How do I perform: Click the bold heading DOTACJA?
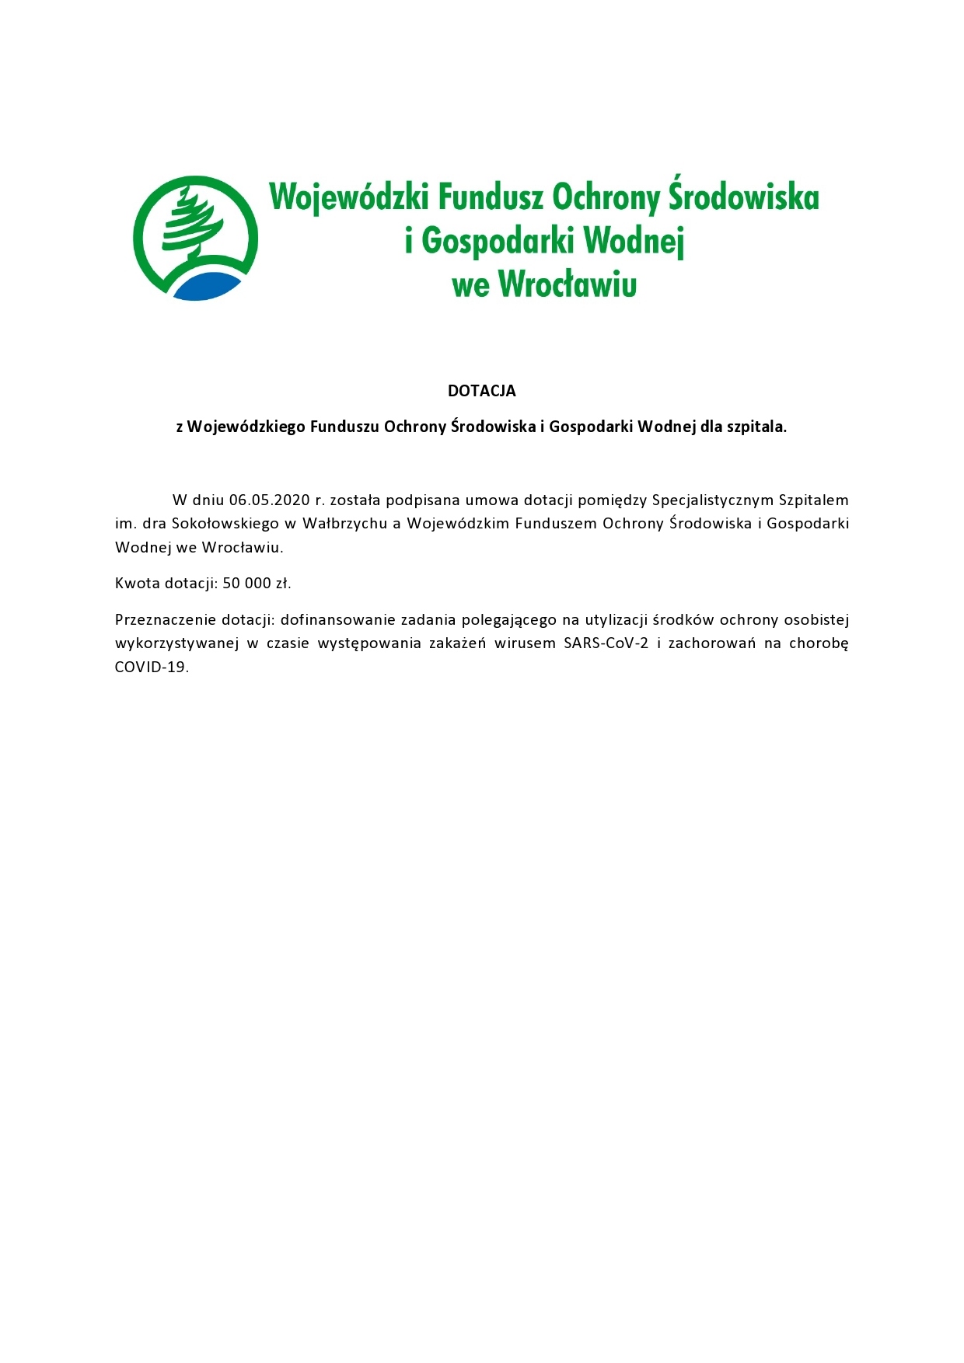pos(481,391)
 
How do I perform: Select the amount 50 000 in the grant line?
pos(246,583)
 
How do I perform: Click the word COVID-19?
pos(151,667)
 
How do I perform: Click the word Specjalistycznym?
pos(712,500)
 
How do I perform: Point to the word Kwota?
pos(137,583)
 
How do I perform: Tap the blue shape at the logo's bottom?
pos(206,286)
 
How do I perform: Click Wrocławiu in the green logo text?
pos(567,284)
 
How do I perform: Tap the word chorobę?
pos(818,643)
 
